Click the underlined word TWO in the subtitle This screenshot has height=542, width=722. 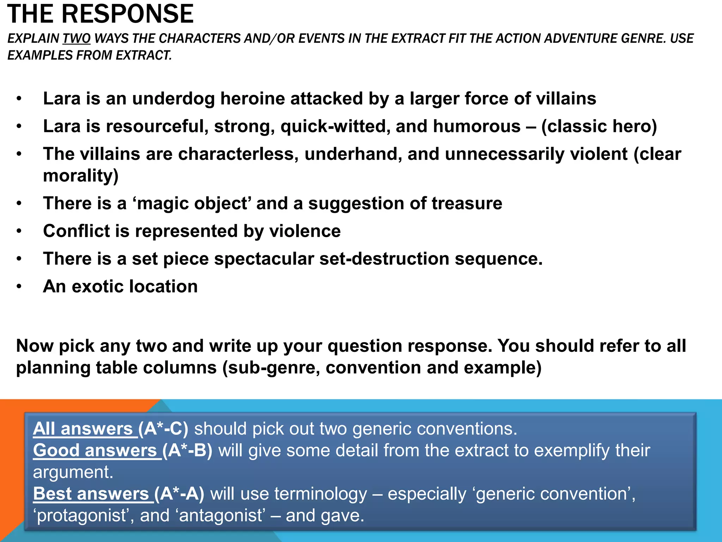(77, 38)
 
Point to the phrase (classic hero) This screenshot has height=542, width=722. (599, 126)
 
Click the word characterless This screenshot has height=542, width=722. (238, 154)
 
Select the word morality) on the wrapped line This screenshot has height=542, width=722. (81, 176)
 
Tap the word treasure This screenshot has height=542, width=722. (467, 204)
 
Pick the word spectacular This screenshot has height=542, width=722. (264, 259)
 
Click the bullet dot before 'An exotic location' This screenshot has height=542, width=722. (19, 287)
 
